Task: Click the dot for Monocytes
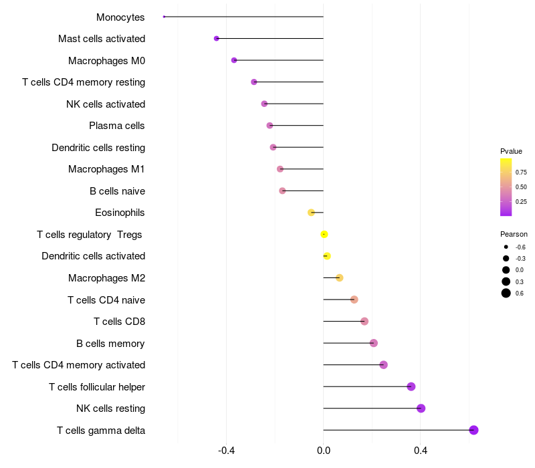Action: [x=164, y=17]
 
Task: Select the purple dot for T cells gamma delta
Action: [x=473, y=430]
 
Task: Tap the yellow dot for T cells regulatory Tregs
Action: [x=324, y=235]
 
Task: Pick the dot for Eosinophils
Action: [x=311, y=213]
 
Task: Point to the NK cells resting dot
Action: [x=421, y=408]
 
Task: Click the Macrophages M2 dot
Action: [x=339, y=277]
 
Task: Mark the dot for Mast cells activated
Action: [x=216, y=39]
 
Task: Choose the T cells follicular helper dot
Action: [x=411, y=386]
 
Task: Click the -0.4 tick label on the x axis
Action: [x=226, y=451]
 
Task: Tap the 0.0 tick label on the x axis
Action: [x=324, y=451]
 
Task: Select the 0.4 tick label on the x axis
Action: [x=421, y=451]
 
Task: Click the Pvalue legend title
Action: [x=511, y=151]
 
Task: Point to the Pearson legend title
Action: [x=514, y=235]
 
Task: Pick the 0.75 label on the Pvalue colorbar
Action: [x=521, y=172]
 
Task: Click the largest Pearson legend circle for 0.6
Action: [x=506, y=293]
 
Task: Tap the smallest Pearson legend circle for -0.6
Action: [x=506, y=247]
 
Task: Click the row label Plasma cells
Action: [x=116, y=126]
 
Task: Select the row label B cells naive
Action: [x=118, y=191]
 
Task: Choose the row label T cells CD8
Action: [x=120, y=322]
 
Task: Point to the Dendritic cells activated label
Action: [x=94, y=256]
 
